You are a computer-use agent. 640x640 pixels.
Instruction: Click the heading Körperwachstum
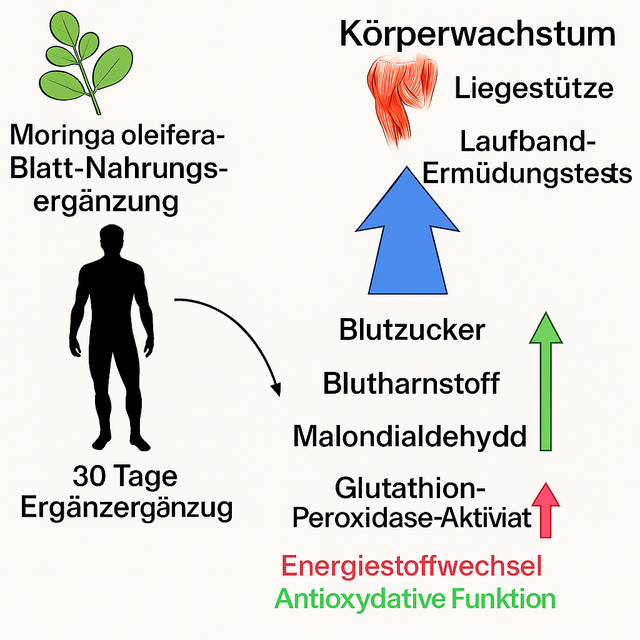click(477, 35)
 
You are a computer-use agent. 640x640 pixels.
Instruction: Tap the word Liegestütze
click(534, 89)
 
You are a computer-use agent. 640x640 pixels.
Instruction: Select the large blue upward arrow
click(407, 237)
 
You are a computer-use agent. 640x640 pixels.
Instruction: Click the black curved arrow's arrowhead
click(275, 387)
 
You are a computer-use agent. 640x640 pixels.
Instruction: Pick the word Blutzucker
click(412, 330)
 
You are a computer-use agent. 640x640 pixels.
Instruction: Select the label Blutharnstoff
click(411, 383)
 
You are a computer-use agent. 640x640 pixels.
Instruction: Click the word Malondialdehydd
click(410, 436)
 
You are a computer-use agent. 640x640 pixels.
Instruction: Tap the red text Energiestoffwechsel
click(411, 566)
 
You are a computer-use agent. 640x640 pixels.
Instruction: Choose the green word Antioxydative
click(361, 599)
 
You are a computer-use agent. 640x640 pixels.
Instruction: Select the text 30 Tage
click(125, 477)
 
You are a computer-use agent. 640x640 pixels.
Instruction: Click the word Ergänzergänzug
click(126, 508)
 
